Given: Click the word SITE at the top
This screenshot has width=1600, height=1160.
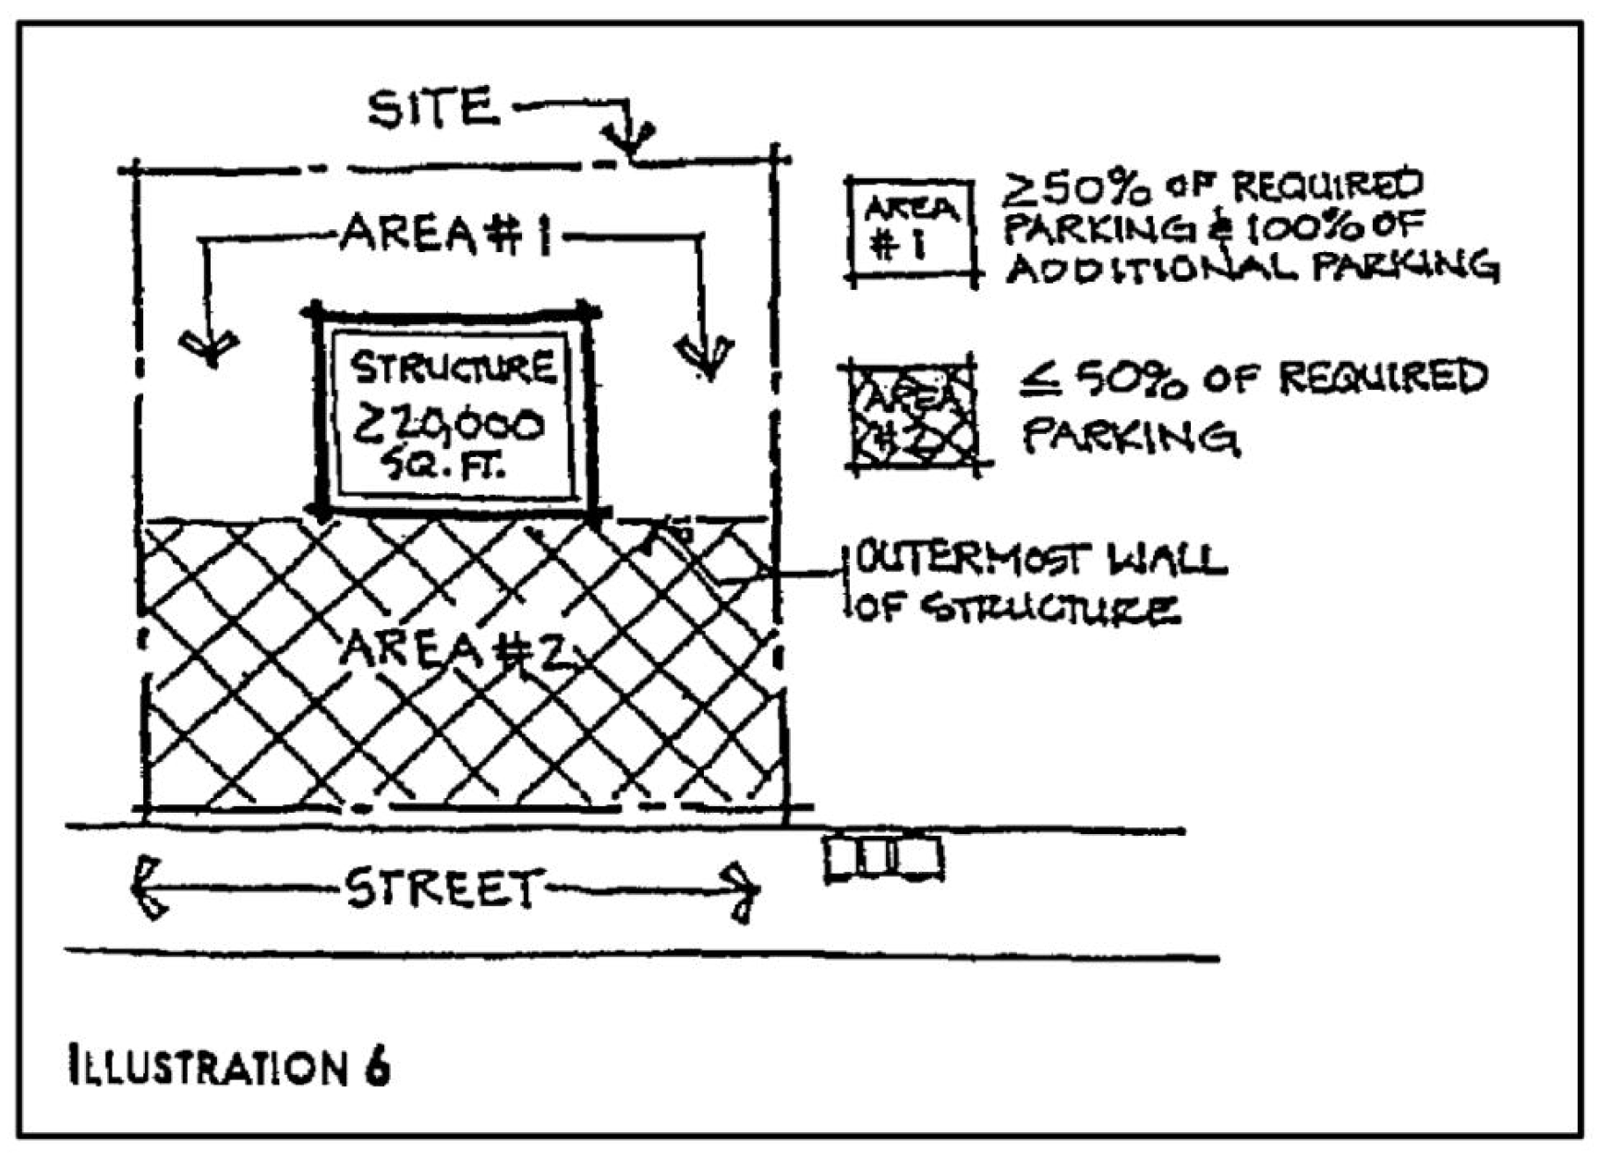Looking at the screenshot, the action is tap(432, 108).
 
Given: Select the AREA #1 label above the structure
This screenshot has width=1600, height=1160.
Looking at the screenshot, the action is tap(445, 235).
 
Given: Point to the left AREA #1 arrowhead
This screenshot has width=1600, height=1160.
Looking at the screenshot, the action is tap(210, 349).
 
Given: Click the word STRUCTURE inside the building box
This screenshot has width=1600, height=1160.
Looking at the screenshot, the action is tap(453, 368).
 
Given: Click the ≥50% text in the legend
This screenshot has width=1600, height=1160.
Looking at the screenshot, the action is tap(1077, 188).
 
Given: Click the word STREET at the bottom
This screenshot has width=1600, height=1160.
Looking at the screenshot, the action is tap(441, 888).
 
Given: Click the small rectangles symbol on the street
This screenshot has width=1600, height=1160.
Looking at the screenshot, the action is tap(883, 858).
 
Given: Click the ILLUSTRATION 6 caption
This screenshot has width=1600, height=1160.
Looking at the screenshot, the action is tap(229, 1066).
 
